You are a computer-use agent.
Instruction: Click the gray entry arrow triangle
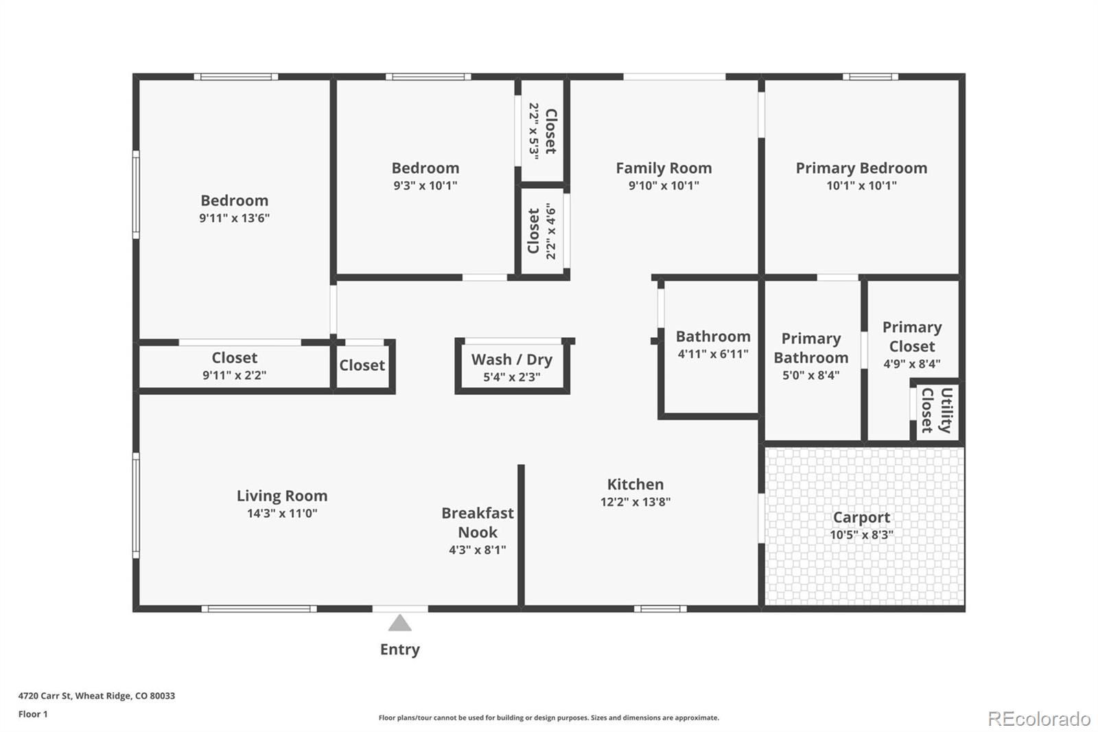[x=400, y=623]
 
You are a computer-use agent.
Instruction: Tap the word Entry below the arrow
[x=400, y=650]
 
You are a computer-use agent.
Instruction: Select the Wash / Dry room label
[x=512, y=360]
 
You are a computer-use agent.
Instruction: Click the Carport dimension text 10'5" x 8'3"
[x=861, y=534]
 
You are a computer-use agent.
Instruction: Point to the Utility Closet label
[x=937, y=411]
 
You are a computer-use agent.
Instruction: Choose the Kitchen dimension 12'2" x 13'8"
[x=635, y=501]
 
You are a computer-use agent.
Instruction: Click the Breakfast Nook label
[x=478, y=523]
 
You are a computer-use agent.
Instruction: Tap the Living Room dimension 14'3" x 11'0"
[x=282, y=513]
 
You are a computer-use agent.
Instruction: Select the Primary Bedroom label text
[x=861, y=168]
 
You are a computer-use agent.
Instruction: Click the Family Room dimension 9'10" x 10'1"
[x=664, y=185]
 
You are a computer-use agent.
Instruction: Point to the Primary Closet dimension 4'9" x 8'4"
[x=912, y=363]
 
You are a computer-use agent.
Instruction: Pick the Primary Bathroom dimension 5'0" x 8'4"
[x=810, y=376]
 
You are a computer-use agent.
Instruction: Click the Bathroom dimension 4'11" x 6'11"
[x=713, y=354]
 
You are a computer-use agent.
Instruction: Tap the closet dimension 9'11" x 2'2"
[x=234, y=376]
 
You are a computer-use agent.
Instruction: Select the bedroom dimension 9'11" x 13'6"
[x=234, y=218]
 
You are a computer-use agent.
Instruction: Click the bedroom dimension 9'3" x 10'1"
[x=425, y=185]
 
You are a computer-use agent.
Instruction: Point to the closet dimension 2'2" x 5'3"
[x=534, y=131]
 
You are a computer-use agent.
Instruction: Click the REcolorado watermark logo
[x=1038, y=719]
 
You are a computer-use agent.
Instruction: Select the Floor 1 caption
[x=33, y=714]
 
